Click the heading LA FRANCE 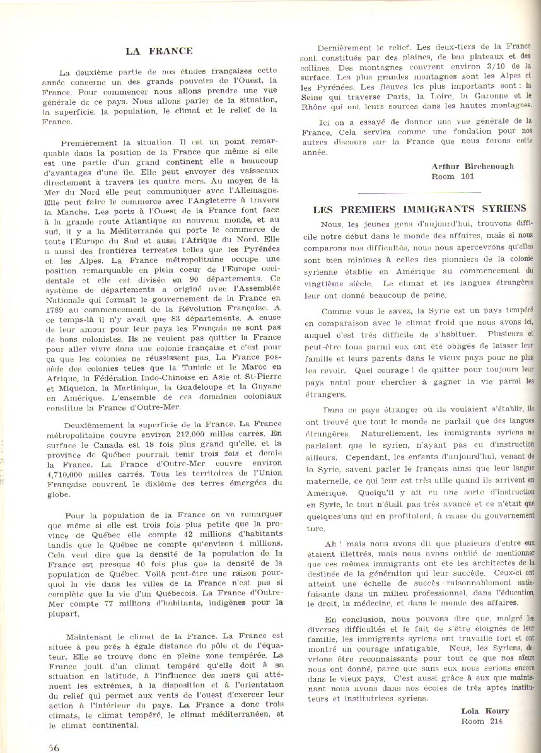[159, 51]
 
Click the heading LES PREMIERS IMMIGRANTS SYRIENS [419, 209]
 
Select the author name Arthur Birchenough [473, 166]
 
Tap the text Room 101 [452, 177]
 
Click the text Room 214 [482, 721]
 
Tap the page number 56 [54, 747]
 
